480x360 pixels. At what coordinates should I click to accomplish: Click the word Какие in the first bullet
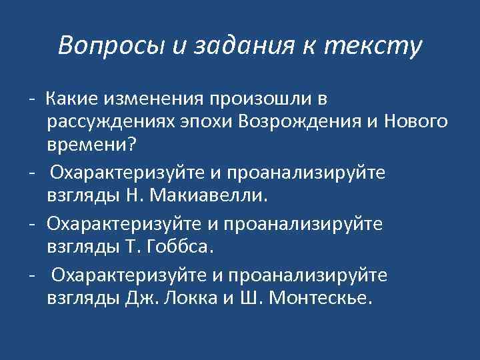point(70,99)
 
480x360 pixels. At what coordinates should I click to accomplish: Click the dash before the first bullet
point(31,99)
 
